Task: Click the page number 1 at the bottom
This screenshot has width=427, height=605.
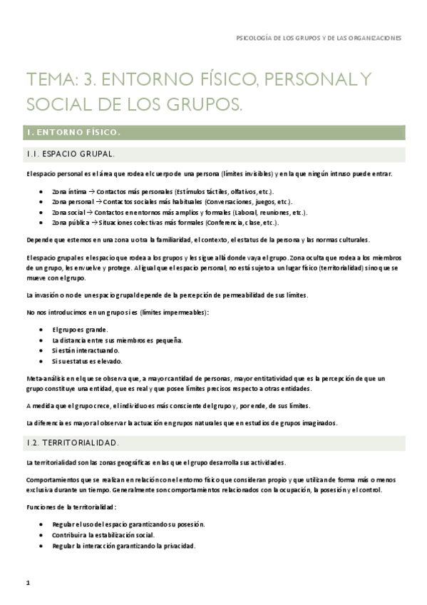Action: (x=26, y=582)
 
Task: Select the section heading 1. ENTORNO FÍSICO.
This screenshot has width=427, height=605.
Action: (x=72, y=132)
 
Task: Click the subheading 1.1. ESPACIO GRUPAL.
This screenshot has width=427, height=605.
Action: (x=69, y=154)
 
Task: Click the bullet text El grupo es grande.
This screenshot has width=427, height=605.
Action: (x=80, y=330)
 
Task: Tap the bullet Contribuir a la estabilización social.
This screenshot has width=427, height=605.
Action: (x=103, y=534)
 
